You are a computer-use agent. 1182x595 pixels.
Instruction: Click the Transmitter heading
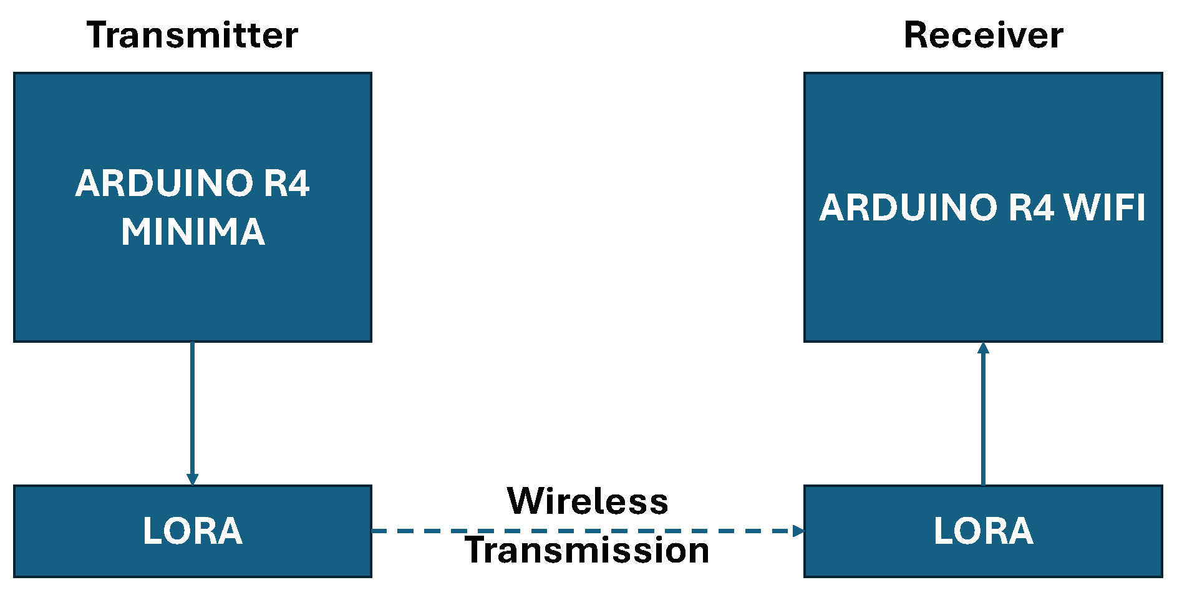(x=192, y=35)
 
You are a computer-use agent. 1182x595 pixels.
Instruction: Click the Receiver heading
(x=983, y=35)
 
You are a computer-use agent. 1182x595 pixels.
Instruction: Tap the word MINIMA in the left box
(x=193, y=232)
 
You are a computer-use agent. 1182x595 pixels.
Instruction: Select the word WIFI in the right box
(x=1105, y=208)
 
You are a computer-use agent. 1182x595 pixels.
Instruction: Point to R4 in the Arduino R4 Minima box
(x=286, y=184)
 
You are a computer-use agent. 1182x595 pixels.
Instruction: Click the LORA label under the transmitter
(x=192, y=531)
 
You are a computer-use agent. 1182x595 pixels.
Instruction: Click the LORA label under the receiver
(x=983, y=531)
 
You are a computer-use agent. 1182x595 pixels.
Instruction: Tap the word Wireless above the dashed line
(x=588, y=501)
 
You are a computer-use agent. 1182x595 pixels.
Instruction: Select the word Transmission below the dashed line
(x=588, y=551)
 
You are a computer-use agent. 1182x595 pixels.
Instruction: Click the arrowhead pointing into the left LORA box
(x=192, y=479)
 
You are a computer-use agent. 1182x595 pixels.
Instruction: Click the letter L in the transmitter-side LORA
(x=152, y=531)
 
